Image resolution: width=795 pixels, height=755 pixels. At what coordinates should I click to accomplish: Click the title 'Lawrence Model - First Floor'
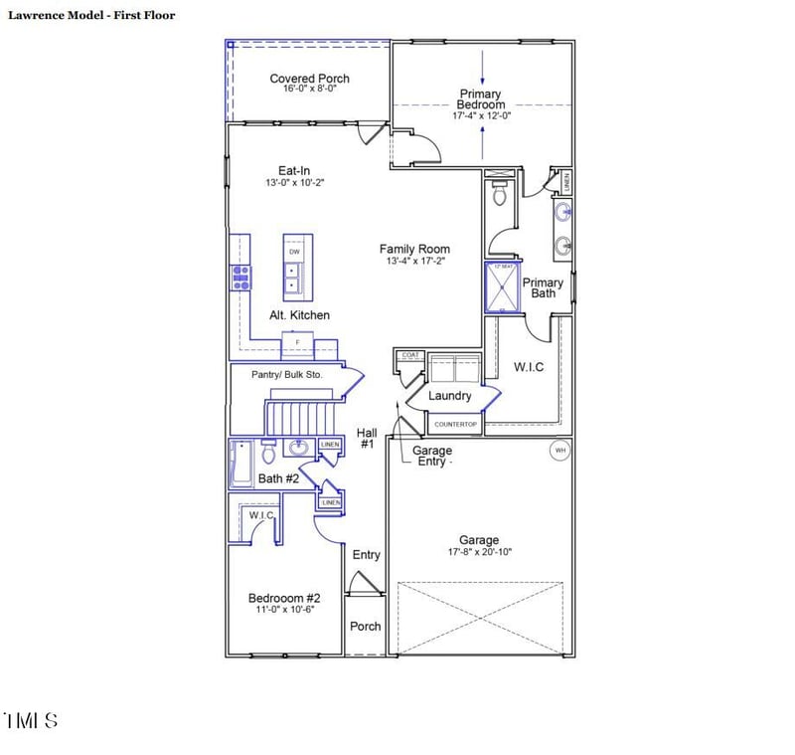coord(91,15)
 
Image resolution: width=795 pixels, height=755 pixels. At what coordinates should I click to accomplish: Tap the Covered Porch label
coord(309,79)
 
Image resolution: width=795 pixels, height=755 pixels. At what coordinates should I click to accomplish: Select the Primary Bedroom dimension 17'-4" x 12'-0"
coord(481,115)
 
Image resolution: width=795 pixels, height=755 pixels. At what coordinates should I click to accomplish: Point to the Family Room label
coord(414,249)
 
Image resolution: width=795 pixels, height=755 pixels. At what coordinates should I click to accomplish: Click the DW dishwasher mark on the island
coord(294,252)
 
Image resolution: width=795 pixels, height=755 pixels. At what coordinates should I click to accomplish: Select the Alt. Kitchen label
coord(299,315)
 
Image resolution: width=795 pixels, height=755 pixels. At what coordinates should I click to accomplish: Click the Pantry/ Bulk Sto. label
coord(287,375)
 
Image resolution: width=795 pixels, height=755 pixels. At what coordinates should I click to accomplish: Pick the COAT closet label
coord(409,355)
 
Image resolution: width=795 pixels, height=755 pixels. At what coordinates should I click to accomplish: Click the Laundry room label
coord(449,396)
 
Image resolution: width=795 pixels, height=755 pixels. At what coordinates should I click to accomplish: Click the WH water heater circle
coord(559,451)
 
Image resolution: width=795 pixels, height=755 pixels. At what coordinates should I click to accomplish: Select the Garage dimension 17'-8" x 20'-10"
coord(479,552)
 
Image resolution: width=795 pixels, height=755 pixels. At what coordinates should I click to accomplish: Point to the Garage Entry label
coord(432,457)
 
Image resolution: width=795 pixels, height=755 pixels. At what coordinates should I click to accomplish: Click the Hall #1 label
coord(366,438)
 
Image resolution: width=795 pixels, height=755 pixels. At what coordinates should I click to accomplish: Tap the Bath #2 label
coord(278,478)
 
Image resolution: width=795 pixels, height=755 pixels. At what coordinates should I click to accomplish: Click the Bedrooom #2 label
coord(283,598)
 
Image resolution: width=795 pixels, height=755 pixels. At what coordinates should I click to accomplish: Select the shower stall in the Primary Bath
coord(502,287)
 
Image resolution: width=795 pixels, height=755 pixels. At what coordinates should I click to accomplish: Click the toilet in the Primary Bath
coord(499,194)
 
